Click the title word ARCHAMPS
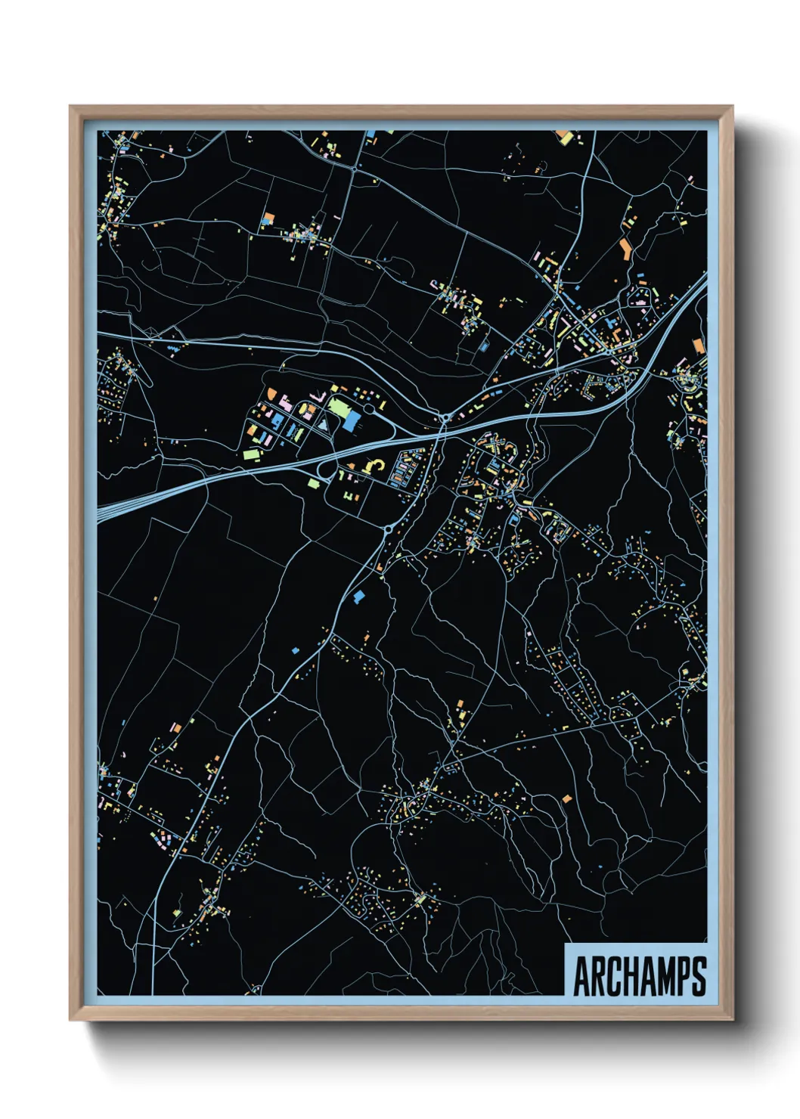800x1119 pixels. pos(640,976)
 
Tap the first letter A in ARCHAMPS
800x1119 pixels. pos(582,976)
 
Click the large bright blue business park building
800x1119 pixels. pos(352,420)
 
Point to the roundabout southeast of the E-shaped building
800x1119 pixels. pos(388,530)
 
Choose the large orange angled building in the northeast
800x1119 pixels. pos(625,249)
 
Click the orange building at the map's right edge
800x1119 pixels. pos(698,346)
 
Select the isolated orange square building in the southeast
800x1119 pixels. pos(566,798)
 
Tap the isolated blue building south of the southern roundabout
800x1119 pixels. pos(358,597)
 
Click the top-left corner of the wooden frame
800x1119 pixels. pos(71,107)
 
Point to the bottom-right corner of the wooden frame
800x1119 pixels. pos(731,1018)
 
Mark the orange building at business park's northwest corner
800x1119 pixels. pos(271,393)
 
